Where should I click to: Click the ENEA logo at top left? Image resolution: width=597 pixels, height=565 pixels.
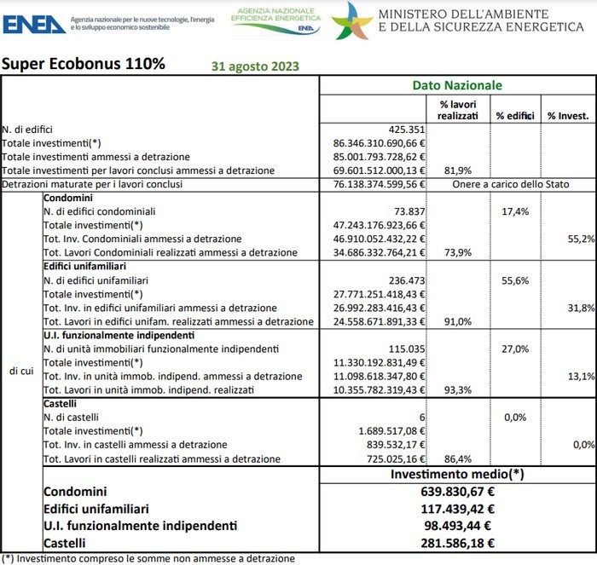[x=34, y=23]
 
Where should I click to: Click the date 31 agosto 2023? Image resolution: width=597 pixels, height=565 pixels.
[x=254, y=65]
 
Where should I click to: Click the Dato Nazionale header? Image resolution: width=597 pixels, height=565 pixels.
[x=456, y=85]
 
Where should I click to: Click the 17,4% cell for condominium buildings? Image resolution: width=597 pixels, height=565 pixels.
[x=514, y=210]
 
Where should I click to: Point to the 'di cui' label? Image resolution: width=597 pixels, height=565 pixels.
[x=21, y=370]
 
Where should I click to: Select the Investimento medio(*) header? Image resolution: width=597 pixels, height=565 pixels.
[x=456, y=473]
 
